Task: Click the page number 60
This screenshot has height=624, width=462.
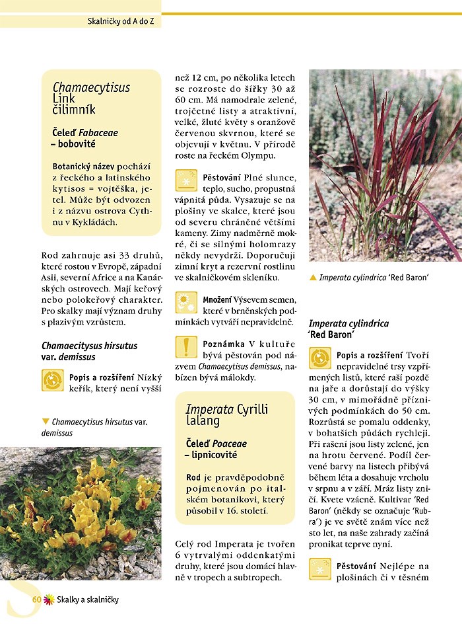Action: pos(37,599)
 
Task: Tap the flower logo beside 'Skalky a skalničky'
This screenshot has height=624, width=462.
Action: pos(48,600)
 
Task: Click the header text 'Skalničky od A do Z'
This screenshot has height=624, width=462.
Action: pos(124,21)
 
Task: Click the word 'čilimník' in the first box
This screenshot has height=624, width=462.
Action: pos(74,109)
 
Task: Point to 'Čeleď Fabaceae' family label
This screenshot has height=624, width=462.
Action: pos(85,132)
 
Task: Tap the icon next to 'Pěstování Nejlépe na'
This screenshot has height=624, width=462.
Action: pos(321,569)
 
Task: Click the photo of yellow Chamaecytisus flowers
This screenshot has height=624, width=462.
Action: pos(81,513)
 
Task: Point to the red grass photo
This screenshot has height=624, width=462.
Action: pos(385,165)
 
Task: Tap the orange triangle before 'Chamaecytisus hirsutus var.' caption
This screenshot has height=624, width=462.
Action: pos(46,421)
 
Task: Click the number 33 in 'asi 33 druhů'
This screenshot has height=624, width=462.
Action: pos(109,254)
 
